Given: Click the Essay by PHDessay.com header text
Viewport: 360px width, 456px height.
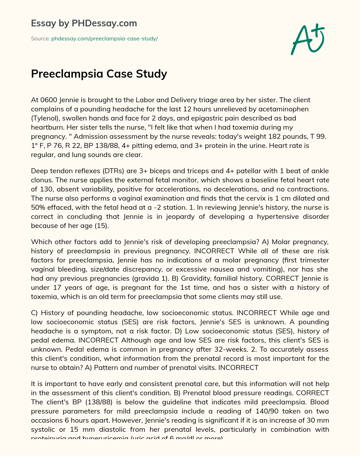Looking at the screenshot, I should point(84,24).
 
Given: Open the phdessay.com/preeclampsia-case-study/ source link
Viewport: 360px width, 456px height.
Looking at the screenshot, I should point(104,39).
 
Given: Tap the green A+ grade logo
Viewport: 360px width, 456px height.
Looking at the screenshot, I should point(308,39).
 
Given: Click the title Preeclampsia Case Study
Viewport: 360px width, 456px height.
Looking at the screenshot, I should point(99,74).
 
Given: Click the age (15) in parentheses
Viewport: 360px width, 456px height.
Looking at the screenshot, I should point(101,226).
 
